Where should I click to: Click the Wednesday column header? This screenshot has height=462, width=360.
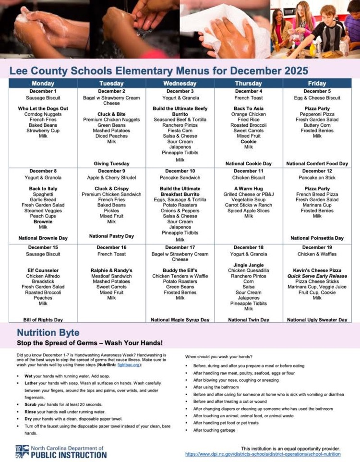(x=180, y=83)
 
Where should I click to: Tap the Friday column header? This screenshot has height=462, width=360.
(x=317, y=83)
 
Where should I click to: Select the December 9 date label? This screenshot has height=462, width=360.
(x=111, y=171)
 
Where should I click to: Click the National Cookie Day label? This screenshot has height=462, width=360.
(x=248, y=164)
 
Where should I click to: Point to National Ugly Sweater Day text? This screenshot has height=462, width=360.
(x=317, y=320)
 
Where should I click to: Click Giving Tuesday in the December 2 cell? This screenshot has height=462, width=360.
(x=111, y=164)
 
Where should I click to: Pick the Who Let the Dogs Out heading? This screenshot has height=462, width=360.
(x=43, y=109)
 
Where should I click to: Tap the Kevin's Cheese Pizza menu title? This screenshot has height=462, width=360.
(x=317, y=270)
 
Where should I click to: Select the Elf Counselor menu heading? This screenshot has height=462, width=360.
(x=43, y=270)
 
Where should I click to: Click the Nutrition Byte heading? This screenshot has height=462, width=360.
(x=48, y=332)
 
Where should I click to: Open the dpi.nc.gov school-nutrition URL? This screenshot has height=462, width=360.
(x=263, y=454)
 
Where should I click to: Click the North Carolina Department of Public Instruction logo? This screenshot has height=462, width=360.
(x=60, y=451)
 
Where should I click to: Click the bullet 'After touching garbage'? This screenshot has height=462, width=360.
(x=214, y=430)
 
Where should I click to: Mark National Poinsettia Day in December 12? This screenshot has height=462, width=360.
(x=317, y=238)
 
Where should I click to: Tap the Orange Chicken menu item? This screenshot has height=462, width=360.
(x=248, y=114)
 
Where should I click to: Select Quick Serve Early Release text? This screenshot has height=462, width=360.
(x=317, y=276)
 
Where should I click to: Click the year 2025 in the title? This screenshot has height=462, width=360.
(x=292, y=71)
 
